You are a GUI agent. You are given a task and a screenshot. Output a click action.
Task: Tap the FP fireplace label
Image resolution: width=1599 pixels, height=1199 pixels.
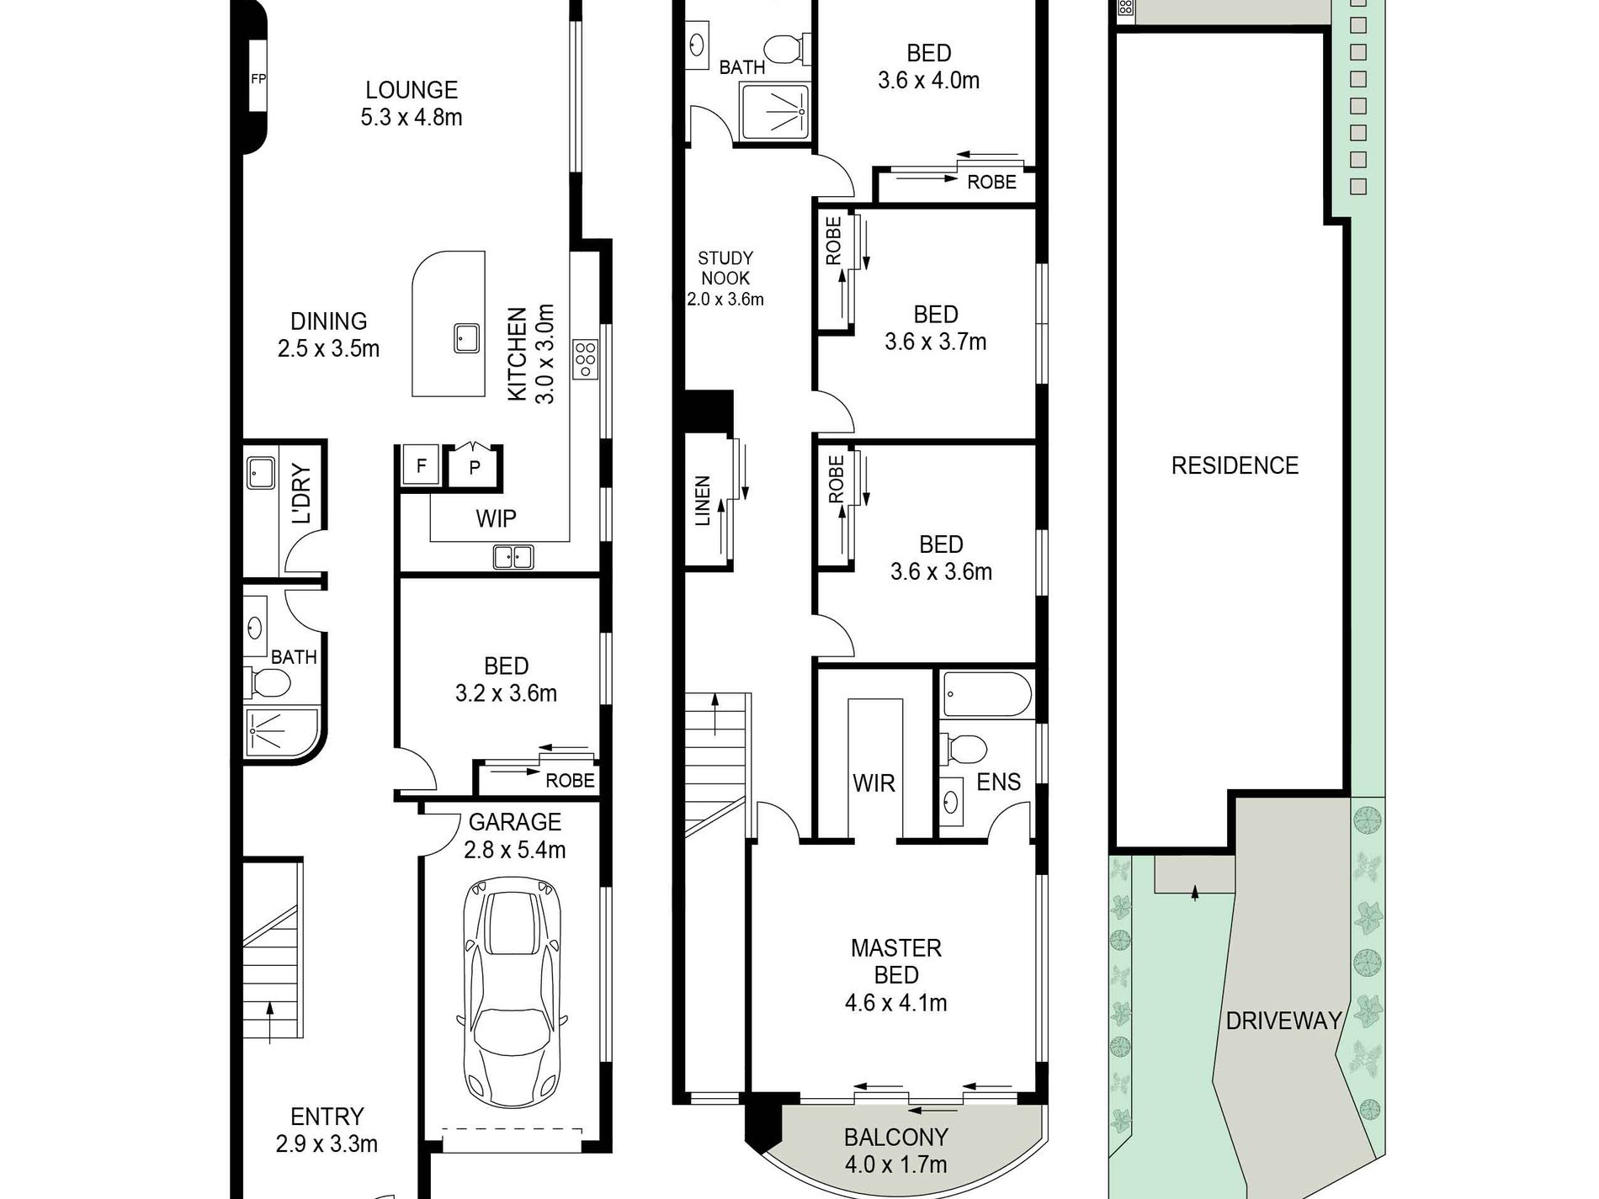tap(258, 79)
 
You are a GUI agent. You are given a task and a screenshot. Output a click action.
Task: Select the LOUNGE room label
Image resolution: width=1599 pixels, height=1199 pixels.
tap(412, 90)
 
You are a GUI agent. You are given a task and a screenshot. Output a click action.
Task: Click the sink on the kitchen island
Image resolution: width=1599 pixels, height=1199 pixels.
tap(466, 338)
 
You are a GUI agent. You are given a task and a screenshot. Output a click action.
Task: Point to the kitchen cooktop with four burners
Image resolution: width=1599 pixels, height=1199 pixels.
tap(585, 358)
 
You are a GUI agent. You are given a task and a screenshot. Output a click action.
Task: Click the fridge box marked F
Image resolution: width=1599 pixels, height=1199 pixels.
tap(421, 465)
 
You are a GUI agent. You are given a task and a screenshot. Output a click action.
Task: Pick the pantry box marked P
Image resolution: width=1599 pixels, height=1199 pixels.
tap(475, 467)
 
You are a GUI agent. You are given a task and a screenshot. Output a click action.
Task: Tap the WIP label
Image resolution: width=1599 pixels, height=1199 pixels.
tap(496, 518)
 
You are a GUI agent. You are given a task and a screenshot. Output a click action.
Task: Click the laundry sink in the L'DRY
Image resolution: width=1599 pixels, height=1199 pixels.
tap(261, 473)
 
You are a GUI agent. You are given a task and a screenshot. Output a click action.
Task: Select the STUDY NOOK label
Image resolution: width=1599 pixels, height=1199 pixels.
tap(725, 268)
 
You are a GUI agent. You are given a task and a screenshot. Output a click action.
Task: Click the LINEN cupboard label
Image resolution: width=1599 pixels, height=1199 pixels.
tap(703, 501)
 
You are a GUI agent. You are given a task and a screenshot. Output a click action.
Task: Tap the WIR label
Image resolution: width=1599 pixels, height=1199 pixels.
tap(874, 783)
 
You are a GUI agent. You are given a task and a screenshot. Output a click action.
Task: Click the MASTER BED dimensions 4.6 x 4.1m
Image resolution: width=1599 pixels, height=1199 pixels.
tap(896, 1003)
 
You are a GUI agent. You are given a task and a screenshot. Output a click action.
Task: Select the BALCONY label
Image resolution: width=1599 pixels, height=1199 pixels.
tap(896, 1138)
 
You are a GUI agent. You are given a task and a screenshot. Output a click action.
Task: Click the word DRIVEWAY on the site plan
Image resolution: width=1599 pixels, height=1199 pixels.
tap(1283, 1021)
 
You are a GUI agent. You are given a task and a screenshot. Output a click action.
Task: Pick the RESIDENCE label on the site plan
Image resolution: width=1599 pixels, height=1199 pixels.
tap(1235, 465)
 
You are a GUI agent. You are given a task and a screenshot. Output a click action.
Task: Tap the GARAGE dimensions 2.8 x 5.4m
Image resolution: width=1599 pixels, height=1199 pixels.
tap(515, 850)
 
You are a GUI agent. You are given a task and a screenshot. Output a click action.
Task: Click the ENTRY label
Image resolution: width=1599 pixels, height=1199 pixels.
tap(327, 1117)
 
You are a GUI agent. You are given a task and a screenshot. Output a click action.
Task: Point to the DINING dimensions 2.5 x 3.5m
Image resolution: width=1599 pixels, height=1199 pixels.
tap(328, 348)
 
